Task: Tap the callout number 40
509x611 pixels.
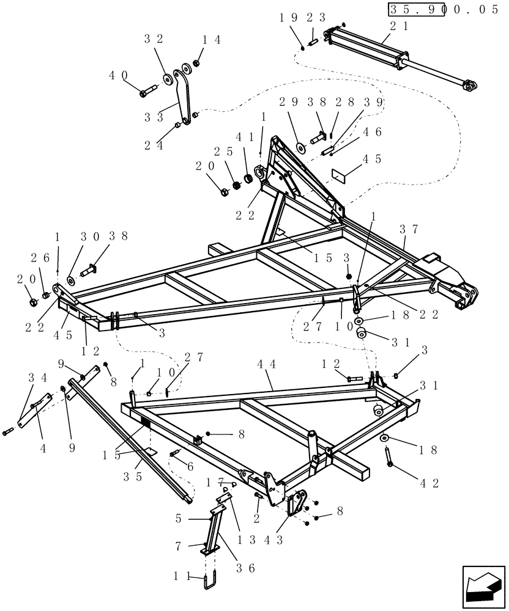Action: click(x=119, y=76)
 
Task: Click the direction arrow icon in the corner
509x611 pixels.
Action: click(x=482, y=587)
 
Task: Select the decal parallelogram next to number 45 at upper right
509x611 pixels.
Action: click(x=340, y=174)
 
